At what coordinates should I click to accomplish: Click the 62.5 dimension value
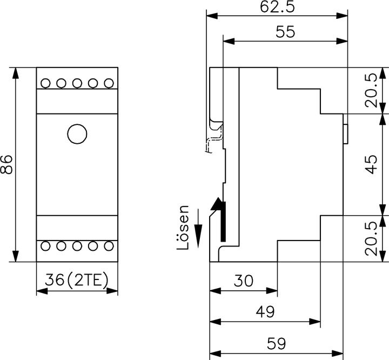pyautogui.click(x=277, y=7)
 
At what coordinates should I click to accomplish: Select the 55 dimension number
pyautogui.click(x=285, y=32)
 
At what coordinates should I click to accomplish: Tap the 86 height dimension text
pyautogui.click(x=6, y=164)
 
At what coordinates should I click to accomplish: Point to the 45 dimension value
pyautogui.click(x=371, y=164)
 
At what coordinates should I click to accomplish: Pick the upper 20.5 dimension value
pyautogui.click(x=371, y=90)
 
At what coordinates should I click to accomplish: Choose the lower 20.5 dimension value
pyautogui.click(x=371, y=238)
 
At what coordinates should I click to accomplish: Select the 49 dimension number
pyautogui.click(x=265, y=312)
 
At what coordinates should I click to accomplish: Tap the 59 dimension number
pyautogui.click(x=277, y=344)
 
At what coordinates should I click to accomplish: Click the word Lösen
pyautogui.click(x=184, y=227)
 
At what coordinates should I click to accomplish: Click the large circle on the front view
pyautogui.click(x=77, y=133)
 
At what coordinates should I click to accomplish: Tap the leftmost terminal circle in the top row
pyautogui.click(x=45, y=83)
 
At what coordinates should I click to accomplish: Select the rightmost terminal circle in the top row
pyautogui.click(x=109, y=83)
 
